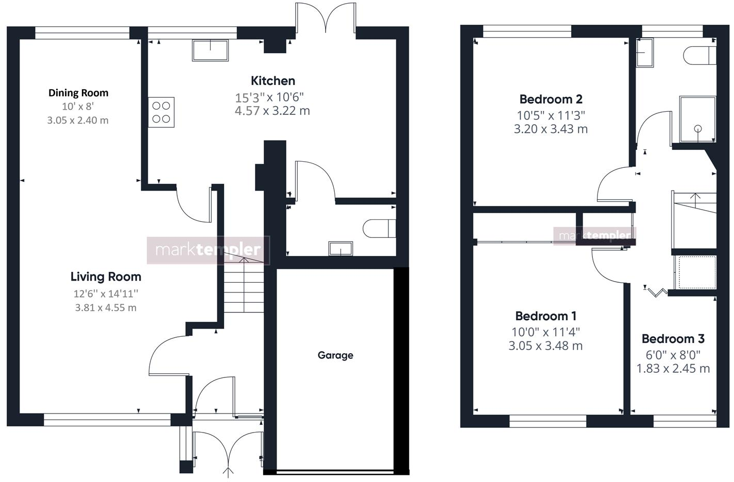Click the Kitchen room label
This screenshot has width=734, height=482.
click(273, 81)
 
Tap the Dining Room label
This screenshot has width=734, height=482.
click(78, 93)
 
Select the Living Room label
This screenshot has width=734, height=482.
click(106, 277)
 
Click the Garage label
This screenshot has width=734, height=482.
click(335, 355)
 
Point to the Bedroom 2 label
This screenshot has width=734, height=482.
click(551, 99)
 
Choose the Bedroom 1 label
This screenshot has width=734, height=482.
click(545, 316)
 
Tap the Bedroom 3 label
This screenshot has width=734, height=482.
click(673, 339)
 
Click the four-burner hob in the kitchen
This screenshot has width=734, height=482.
click(161, 112)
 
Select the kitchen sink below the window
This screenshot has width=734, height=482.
click(210, 50)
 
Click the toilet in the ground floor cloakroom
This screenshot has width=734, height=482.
click(379, 228)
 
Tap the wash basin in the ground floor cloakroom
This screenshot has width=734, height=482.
click(340, 249)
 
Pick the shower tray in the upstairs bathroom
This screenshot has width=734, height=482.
click(697, 119)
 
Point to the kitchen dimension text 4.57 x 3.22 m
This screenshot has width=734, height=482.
click(272, 111)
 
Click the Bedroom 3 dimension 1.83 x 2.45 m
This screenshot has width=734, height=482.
click(673, 369)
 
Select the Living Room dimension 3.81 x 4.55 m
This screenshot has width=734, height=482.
click(106, 308)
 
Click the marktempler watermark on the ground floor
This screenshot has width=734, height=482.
click(208, 250)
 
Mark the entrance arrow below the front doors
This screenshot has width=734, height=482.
click(228, 472)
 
